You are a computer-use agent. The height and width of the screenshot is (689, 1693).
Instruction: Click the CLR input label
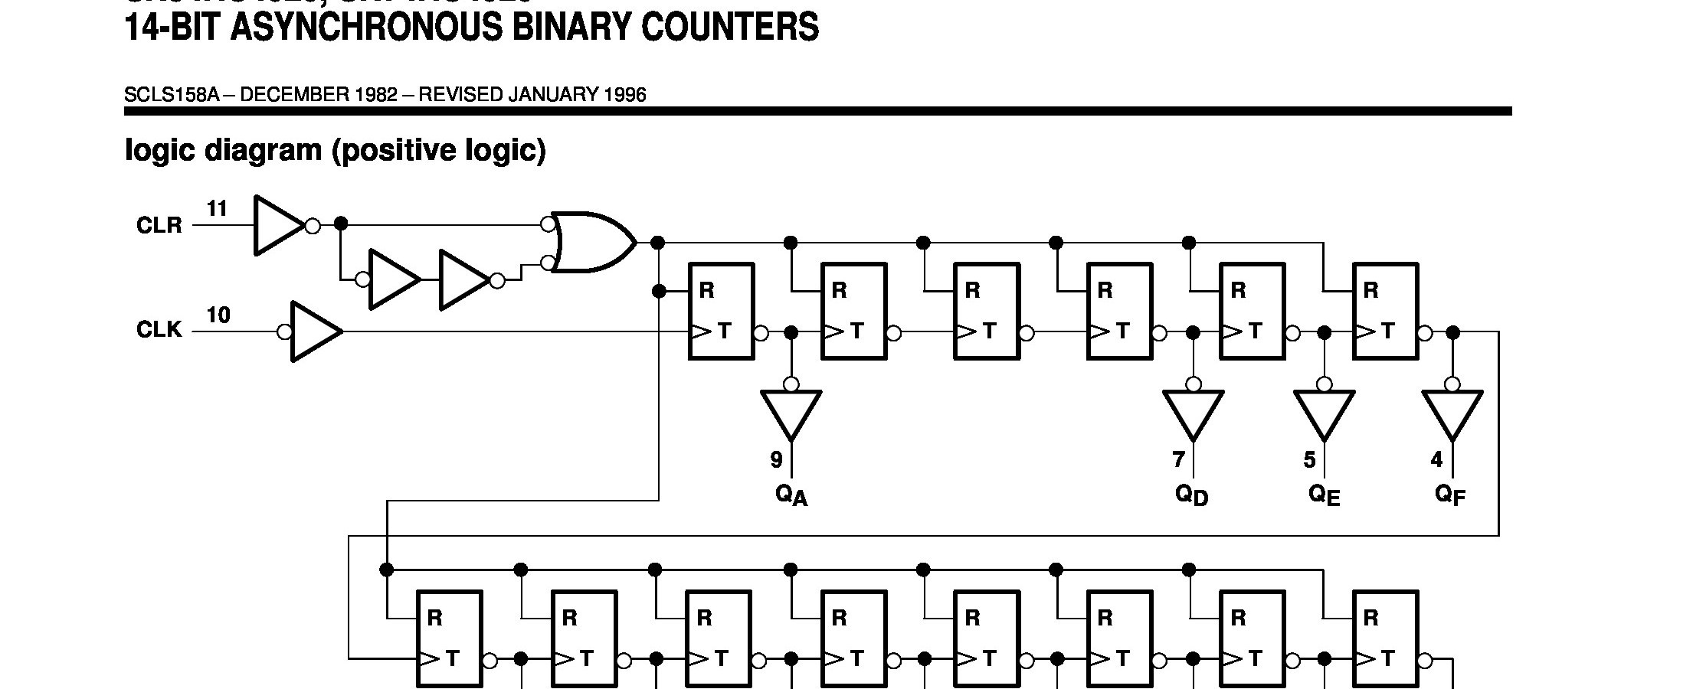coord(159,226)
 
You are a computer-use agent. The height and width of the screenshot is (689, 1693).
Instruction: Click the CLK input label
coord(159,330)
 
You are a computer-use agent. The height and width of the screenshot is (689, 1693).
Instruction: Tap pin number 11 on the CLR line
coord(218,208)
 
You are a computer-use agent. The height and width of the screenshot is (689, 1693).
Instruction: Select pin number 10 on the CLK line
coord(218,315)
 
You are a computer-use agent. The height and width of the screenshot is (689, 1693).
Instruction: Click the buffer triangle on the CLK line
coord(315,331)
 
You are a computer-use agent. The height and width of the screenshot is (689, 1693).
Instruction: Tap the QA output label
coord(791,496)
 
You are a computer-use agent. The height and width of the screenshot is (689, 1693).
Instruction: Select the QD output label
coord(1191,496)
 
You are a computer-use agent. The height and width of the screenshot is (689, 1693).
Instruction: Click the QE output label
coord(1324,496)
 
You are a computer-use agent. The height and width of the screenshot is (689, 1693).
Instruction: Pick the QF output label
coord(1450,496)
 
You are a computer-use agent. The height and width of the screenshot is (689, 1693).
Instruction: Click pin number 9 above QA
coord(777,460)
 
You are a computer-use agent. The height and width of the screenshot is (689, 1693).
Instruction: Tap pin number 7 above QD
coord(1178,459)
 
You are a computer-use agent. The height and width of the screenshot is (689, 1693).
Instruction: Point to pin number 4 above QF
coord(1436,459)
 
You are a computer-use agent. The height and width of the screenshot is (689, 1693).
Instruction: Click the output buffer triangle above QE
coord(1324,413)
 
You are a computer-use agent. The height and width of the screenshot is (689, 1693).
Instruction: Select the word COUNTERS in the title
coord(730,28)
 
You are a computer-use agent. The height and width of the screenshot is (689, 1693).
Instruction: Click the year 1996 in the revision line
coord(625,95)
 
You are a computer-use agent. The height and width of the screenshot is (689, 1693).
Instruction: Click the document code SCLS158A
coord(172,95)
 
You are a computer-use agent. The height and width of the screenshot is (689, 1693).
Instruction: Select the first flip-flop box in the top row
coord(721,311)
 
